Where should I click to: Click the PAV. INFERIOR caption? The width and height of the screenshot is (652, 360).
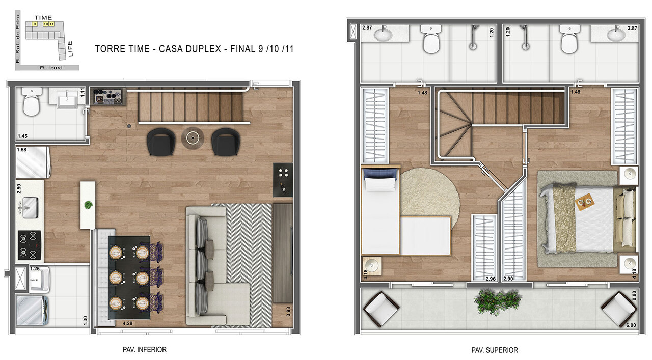[x=145, y=350]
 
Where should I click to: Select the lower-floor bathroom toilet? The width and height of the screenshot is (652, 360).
[x=31, y=102]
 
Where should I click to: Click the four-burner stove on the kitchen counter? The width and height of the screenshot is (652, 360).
[x=30, y=245]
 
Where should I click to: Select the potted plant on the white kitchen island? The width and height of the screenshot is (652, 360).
[x=88, y=205]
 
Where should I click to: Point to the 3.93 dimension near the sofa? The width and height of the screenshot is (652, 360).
[x=289, y=311]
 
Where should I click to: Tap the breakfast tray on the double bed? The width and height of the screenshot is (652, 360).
[x=584, y=203]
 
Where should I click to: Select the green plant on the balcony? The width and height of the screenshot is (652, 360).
[x=492, y=300]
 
